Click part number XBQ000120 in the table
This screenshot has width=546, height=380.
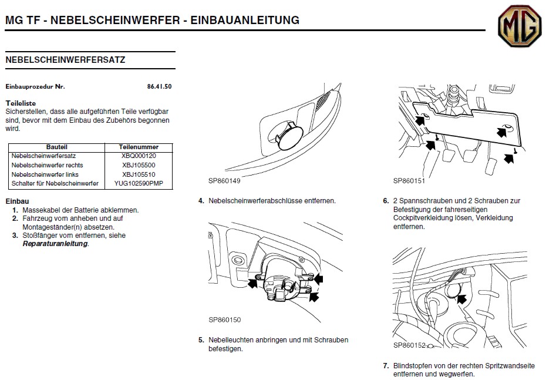pos(139,156)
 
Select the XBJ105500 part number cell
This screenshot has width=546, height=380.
pos(139,166)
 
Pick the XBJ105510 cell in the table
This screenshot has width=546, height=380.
pos(139,174)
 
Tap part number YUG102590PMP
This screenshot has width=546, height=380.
pos(139,184)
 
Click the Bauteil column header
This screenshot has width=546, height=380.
pos(56,147)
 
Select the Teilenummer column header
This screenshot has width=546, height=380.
pos(139,147)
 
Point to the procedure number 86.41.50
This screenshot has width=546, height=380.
pos(159,86)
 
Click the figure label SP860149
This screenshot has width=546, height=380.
pos(225,182)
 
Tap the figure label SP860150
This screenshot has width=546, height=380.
pos(225,320)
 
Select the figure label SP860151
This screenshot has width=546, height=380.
pos(409,181)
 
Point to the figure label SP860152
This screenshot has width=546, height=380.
pos(409,345)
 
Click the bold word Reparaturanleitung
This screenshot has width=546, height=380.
pos(55,244)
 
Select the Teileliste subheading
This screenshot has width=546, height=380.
pos(21,103)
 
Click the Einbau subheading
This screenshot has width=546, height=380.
pos(17,201)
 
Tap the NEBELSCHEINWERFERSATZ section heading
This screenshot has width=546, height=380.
pos(65,60)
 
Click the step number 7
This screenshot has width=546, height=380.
pos(386,365)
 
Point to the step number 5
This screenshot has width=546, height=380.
pos(201,339)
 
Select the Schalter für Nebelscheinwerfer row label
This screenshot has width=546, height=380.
pos(55,184)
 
